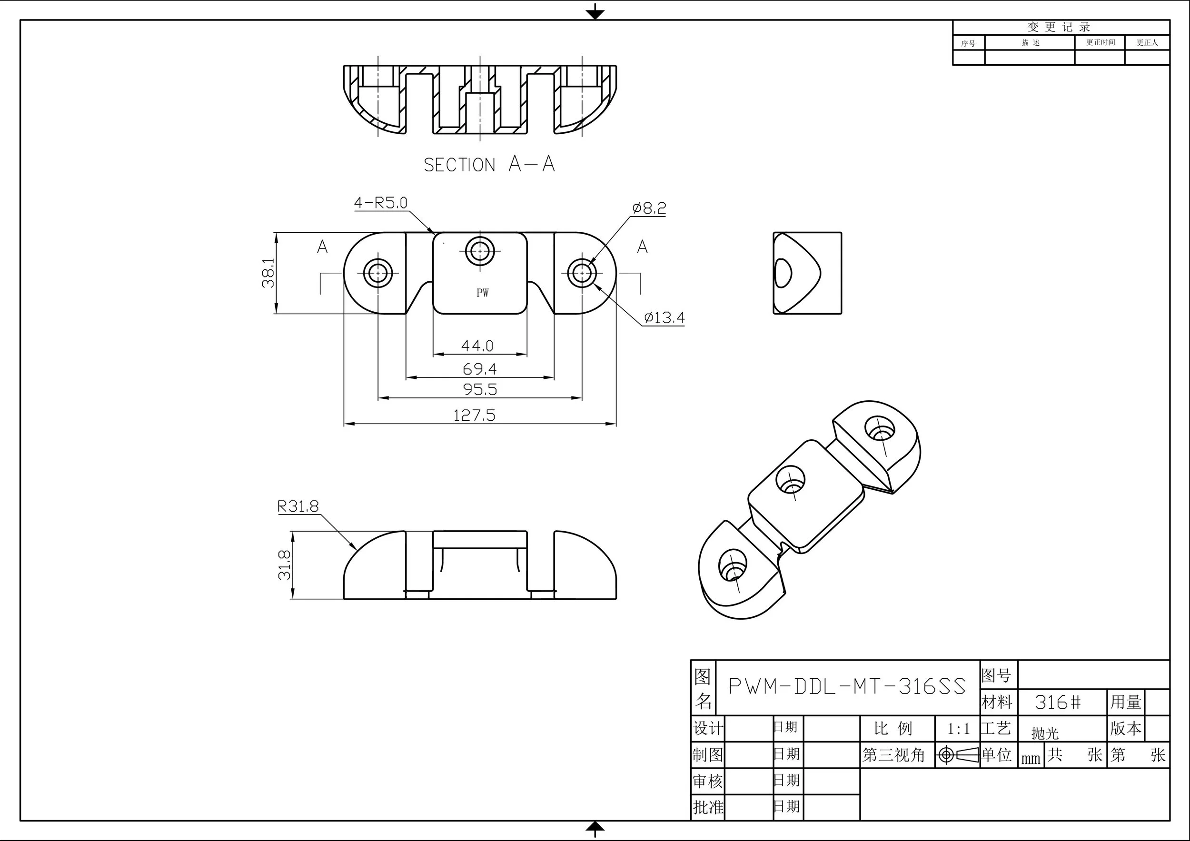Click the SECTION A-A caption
pos(489,164)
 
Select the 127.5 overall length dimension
pos(474,415)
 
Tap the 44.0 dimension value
pos(477,345)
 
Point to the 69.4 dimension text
pos(479,369)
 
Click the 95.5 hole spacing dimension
pos(480,389)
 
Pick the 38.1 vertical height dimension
pos(268,273)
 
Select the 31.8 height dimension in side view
pos(285,565)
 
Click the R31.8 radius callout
pos(298,506)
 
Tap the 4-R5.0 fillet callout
pos(380,203)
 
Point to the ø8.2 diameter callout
pos(649,208)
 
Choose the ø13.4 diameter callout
pos(664,317)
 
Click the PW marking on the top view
pos(482,293)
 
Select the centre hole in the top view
pos(480,251)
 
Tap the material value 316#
pos(1058,702)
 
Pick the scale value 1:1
pos(958,729)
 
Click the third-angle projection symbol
pos(957,755)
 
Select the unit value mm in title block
pos(1031,759)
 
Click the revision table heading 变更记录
pos(1060,27)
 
